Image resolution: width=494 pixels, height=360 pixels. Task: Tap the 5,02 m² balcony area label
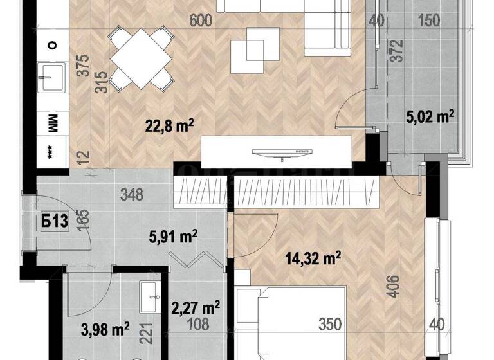pyautogui.click(x=430, y=116)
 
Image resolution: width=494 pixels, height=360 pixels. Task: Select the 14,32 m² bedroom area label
pyautogui.click(x=313, y=258)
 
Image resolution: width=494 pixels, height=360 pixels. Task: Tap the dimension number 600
pyautogui.click(x=201, y=21)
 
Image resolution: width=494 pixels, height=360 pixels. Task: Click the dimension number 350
pyautogui.click(x=330, y=325)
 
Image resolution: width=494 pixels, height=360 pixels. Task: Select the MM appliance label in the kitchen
pyautogui.click(x=53, y=122)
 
